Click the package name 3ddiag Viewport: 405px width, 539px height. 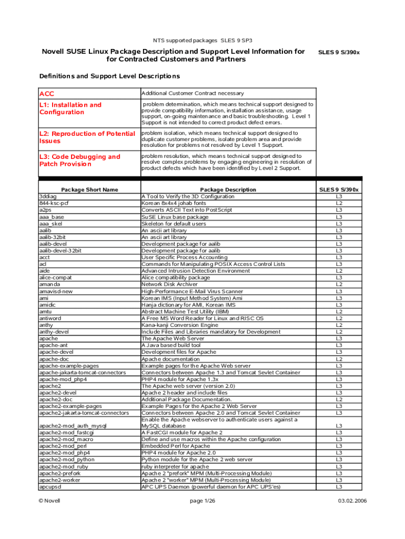[48, 196]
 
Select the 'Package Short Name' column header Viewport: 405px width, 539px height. [89, 189]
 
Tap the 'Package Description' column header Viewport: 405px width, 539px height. [228, 189]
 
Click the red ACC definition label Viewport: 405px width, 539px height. [47, 94]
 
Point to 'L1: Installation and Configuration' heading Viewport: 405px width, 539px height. [70, 108]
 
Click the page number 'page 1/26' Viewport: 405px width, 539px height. [202, 501]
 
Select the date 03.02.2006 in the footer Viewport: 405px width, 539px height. [352, 501]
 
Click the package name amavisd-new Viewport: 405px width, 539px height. [56, 291]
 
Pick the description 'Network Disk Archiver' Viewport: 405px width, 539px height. [169, 284]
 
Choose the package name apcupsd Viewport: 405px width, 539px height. [52, 486]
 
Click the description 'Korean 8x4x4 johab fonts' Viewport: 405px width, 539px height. [174, 203]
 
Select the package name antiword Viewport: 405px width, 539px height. [52, 318]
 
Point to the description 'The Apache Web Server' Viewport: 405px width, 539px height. [173, 338]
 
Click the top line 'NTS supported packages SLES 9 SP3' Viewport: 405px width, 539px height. [202, 40]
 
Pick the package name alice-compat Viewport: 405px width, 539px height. [56, 277]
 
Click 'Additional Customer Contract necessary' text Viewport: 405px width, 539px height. [193, 94]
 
